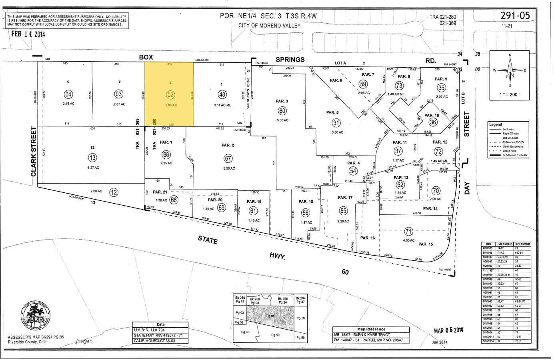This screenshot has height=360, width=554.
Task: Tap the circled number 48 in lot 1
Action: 222,94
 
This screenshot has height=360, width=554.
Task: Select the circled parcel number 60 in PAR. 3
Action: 283,111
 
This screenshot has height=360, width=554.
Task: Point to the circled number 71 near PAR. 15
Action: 408,231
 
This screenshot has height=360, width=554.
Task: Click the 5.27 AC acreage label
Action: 93,167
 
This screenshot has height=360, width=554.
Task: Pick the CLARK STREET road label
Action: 34,152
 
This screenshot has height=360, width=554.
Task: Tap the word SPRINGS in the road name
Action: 290,59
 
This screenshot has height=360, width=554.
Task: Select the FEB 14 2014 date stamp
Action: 28,34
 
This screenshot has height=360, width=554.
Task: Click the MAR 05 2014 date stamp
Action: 449,330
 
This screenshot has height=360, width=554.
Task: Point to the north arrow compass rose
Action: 510,70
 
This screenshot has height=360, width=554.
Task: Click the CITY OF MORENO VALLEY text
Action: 269,26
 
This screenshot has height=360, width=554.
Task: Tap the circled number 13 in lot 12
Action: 93,157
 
